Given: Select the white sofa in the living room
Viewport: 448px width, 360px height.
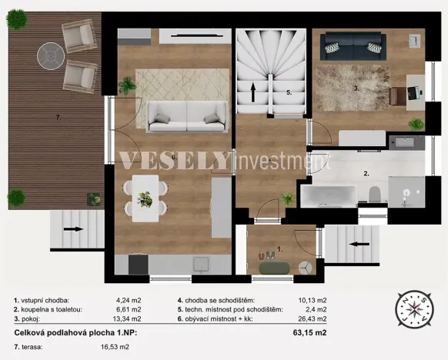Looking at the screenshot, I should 183,116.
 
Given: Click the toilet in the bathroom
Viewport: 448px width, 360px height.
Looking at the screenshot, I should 374,194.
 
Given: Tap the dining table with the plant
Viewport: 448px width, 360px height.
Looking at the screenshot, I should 145,196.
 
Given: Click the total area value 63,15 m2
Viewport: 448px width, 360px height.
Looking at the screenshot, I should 311,333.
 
